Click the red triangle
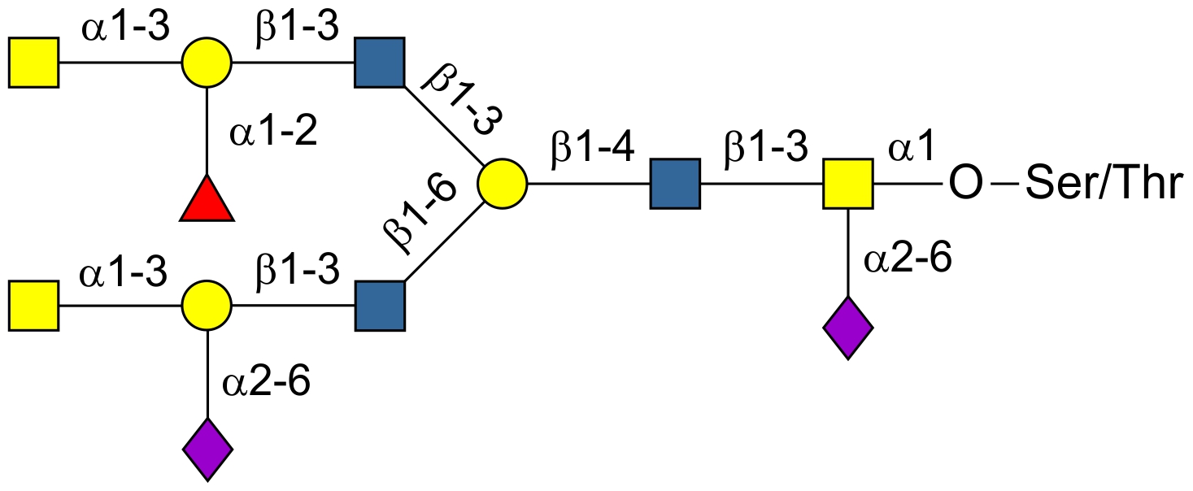point(207,200)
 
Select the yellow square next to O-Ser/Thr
point(848,184)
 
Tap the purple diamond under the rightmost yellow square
point(848,328)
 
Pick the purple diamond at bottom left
point(207,449)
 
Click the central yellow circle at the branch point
point(503,184)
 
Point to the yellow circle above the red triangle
point(207,62)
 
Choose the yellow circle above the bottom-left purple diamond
point(207,306)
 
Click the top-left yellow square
point(34,62)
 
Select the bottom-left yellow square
point(34,306)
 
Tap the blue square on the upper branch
point(380,62)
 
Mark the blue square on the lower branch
point(380,306)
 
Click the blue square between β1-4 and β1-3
point(675,184)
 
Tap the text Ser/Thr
point(1103,185)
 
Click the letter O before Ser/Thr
point(964,185)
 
